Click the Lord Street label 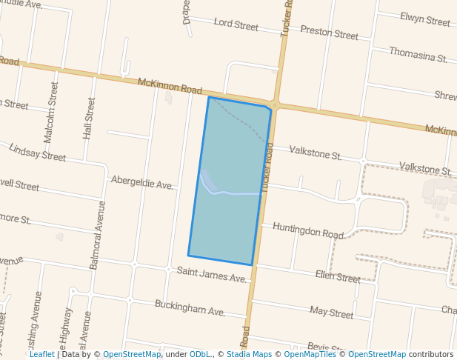236,25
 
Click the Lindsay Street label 37,153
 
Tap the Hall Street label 90,119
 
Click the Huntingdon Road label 307,231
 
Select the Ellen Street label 337,277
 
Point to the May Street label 331,313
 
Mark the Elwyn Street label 424,19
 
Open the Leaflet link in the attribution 41,354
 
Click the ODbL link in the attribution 199,354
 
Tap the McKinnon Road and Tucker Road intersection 275,105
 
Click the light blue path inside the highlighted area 233,193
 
